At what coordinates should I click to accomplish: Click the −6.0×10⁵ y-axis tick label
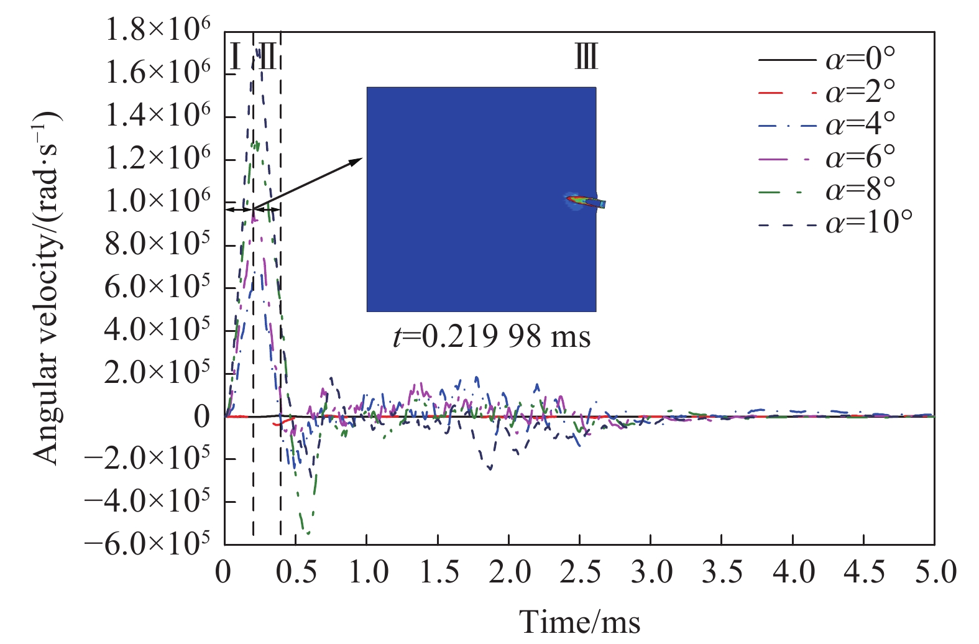tap(148, 545)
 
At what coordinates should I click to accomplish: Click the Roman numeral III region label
tap(586, 57)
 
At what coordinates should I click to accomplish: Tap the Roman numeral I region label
tap(235, 57)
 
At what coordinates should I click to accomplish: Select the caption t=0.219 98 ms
tap(492, 337)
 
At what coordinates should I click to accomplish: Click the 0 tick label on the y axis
tap(202, 416)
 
